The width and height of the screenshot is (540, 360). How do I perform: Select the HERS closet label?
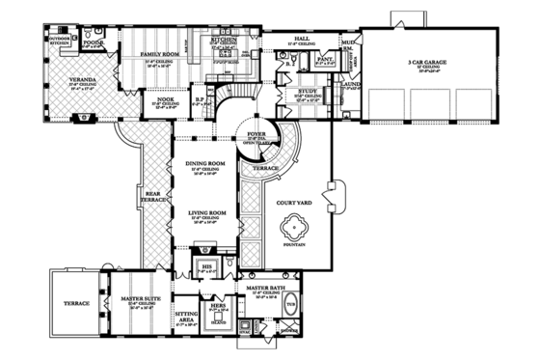click(218, 305)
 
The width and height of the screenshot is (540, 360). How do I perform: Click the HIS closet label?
click(205, 265)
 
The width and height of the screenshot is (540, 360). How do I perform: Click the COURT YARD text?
click(292, 203)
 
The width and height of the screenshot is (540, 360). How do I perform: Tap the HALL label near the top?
click(301, 39)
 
